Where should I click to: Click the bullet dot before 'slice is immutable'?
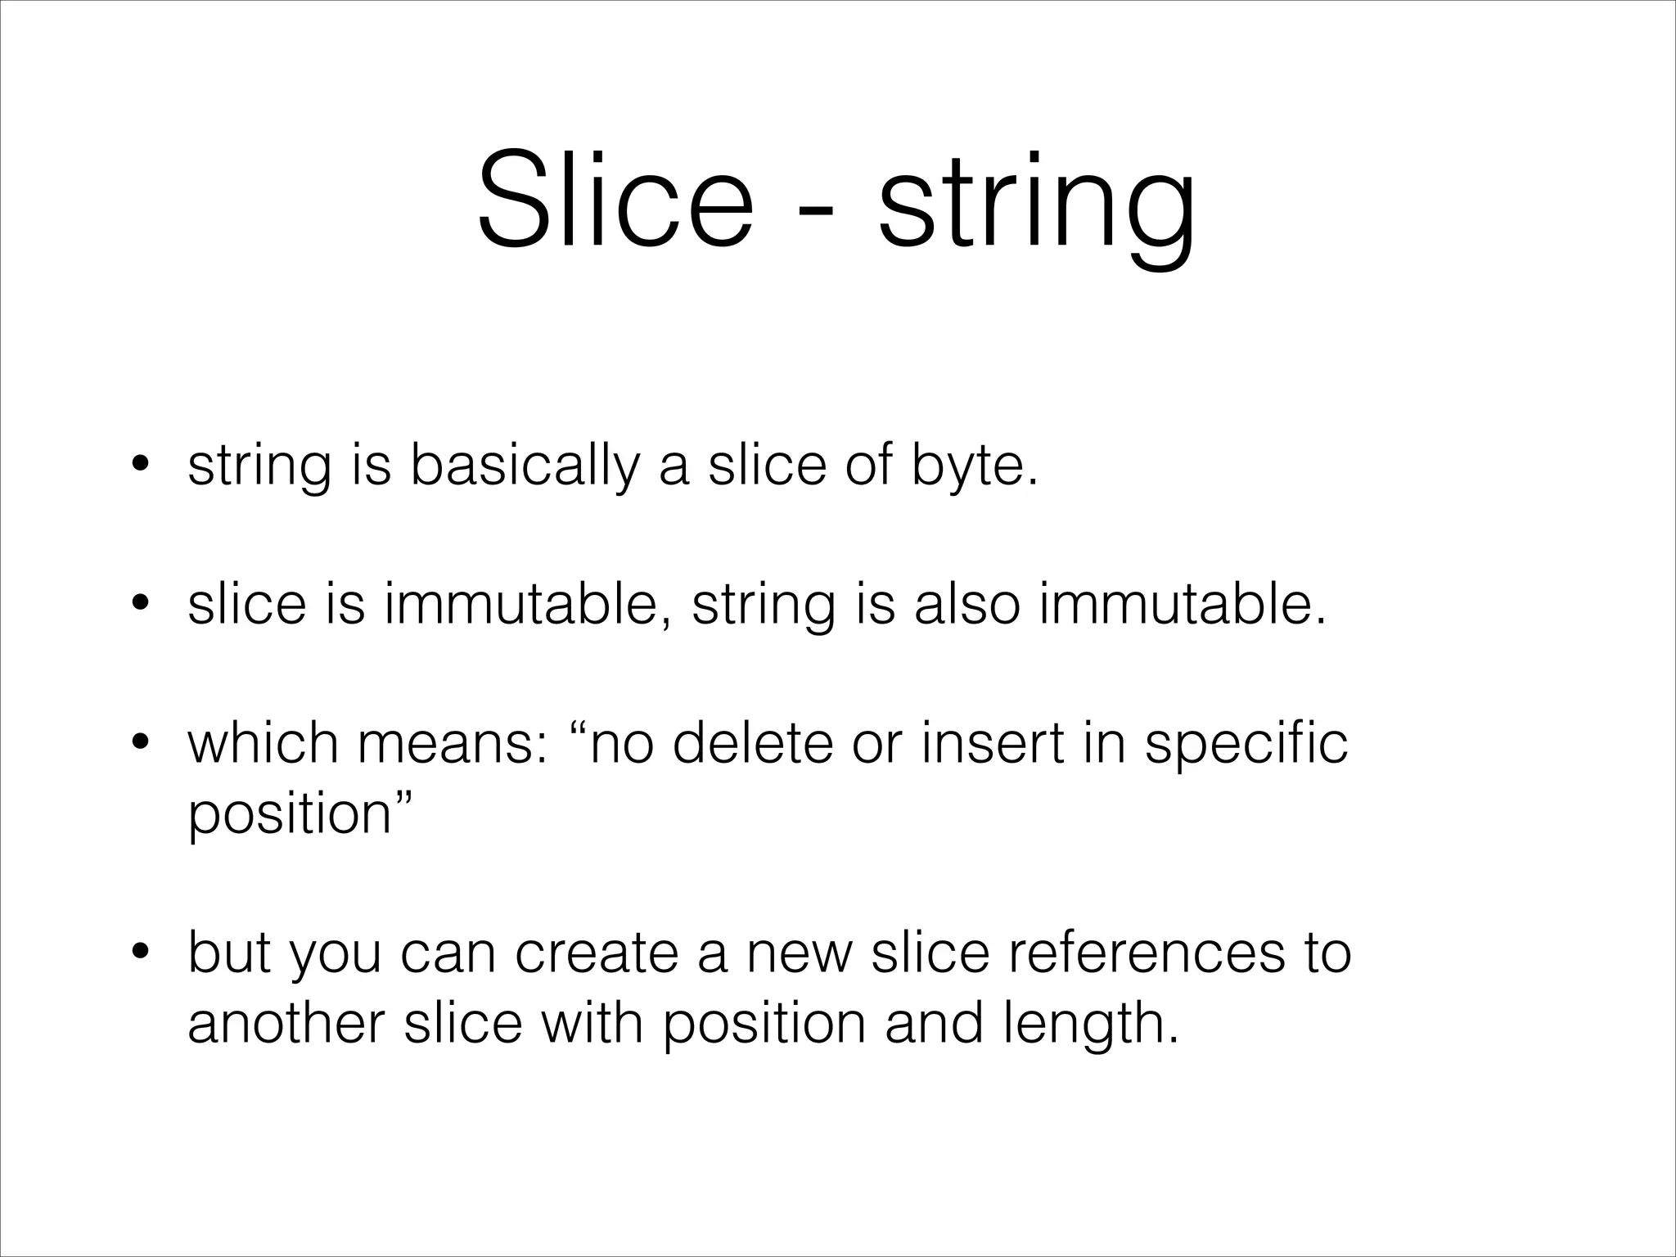(140, 605)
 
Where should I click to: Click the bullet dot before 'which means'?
(140, 744)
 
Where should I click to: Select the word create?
(597, 953)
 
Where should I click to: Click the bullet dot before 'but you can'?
(140, 953)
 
